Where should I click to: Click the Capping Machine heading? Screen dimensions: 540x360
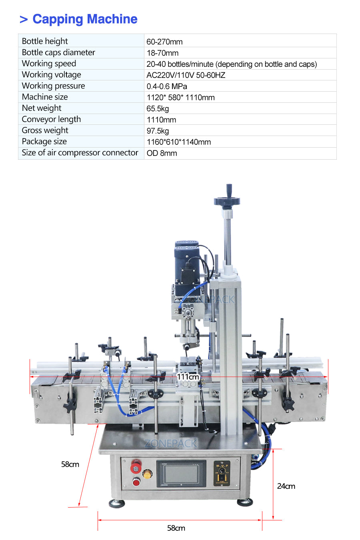tap(85, 19)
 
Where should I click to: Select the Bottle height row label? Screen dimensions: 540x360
tap(45, 41)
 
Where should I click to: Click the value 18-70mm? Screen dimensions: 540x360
tap(162, 53)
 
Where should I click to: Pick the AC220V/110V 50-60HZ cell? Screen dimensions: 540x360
tap(186, 75)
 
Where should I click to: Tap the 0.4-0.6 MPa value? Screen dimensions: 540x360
tap(167, 86)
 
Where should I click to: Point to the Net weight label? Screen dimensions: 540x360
tap(42, 108)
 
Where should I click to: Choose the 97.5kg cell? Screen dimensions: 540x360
tap(158, 131)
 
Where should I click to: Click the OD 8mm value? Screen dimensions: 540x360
tap(162, 153)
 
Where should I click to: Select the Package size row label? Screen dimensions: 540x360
tap(44, 142)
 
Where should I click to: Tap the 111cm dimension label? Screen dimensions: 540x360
tap(188, 377)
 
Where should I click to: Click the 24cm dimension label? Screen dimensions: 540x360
tap(286, 486)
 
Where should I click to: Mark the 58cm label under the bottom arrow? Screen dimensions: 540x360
tap(176, 528)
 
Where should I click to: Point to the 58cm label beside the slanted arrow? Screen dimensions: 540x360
tap(70, 464)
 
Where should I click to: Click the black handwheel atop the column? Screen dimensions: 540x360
tap(227, 200)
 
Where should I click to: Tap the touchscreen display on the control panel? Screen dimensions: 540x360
tap(181, 474)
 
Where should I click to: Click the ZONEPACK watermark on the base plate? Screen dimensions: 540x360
tap(171, 443)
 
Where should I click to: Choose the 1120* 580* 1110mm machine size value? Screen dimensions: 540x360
tap(180, 98)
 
